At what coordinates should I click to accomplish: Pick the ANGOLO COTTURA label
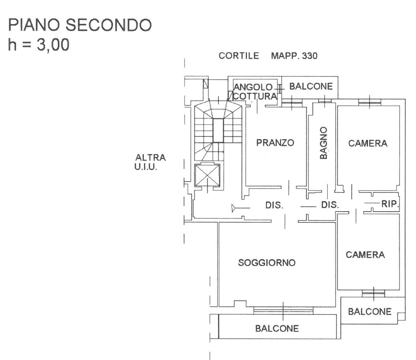tap(255, 92)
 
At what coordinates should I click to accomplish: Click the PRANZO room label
tap(275, 142)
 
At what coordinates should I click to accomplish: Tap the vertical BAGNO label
tap(324, 143)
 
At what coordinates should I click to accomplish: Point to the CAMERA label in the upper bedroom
tap(368, 143)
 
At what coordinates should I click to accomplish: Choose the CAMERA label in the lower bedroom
tap(365, 255)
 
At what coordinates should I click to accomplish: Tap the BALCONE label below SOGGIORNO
tap(277, 329)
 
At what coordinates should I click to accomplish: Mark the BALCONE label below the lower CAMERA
tap(369, 311)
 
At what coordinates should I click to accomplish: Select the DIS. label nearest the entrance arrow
tap(274, 206)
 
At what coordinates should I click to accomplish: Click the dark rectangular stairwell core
tap(218, 130)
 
